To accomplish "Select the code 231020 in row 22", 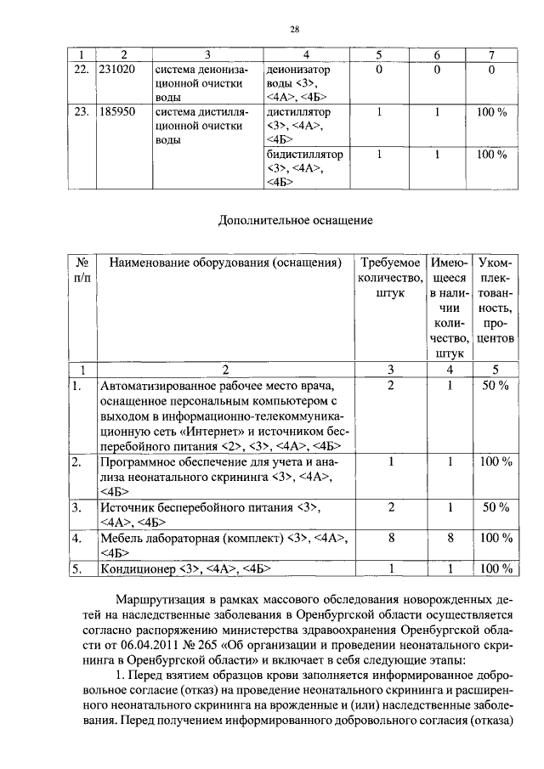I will (117, 69).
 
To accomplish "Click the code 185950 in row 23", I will (117, 110).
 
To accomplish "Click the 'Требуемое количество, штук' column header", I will (389, 277).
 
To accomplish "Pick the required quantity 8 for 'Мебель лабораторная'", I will (389, 538).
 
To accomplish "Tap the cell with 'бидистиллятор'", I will (304, 155).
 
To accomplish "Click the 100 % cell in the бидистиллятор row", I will (491, 155).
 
